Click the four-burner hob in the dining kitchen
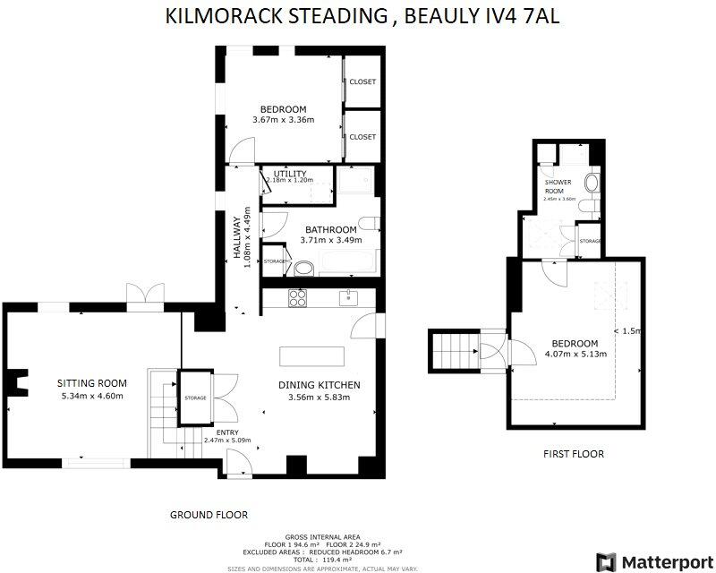298,297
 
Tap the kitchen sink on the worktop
348,296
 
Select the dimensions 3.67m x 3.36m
283,121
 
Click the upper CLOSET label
362,81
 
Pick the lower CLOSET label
362,137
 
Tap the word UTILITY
289,174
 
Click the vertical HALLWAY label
239,237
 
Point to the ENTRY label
227,431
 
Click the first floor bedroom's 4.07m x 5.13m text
576,355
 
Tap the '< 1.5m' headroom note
628,330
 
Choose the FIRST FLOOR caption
574,454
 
